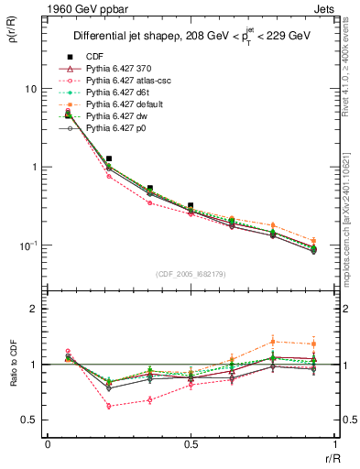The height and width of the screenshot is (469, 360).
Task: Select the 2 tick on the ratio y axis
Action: tap(35, 309)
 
